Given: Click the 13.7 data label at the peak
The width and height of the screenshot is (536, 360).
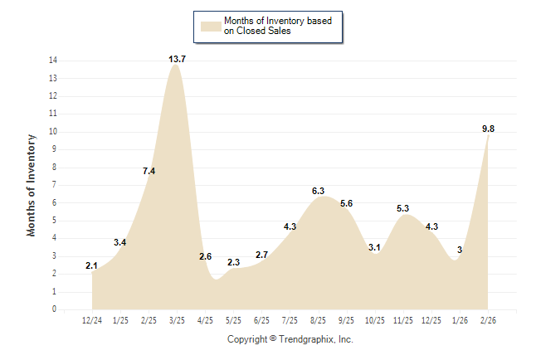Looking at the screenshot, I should [x=177, y=59].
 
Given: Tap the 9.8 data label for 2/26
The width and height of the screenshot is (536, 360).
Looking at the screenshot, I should [x=488, y=129].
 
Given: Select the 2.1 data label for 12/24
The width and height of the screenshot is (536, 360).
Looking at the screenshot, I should [x=92, y=265].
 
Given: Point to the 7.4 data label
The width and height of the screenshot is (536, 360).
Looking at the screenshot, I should [x=149, y=171].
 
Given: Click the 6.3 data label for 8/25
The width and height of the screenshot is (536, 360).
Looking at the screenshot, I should [x=318, y=191].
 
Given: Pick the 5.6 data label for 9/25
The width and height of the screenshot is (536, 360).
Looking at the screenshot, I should [x=346, y=203].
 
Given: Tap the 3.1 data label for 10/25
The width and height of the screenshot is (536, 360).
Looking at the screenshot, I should [x=374, y=247].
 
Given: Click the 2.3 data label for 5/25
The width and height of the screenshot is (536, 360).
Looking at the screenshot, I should [x=233, y=262].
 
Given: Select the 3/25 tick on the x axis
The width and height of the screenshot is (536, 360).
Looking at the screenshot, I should [x=177, y=319].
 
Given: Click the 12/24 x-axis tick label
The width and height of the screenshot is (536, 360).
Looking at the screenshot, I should [x=92, y=319].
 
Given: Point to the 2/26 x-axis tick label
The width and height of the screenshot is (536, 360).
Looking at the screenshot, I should [x=487, y=319].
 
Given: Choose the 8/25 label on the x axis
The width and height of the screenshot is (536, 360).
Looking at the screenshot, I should [x=318, y=319].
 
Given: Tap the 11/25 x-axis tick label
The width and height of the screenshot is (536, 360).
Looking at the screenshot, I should [x=402, y=319].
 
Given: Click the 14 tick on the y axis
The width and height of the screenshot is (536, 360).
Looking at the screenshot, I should [x=53, y=61].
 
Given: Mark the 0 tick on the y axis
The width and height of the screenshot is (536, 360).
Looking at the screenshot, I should [x=55, y=309].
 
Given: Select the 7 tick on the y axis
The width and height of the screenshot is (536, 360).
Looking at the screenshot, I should [x=55, y=185].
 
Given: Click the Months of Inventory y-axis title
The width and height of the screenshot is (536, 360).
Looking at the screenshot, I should [x=32, y=185].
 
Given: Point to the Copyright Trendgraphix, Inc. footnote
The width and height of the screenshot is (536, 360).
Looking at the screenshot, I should [x=290, y=339].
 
